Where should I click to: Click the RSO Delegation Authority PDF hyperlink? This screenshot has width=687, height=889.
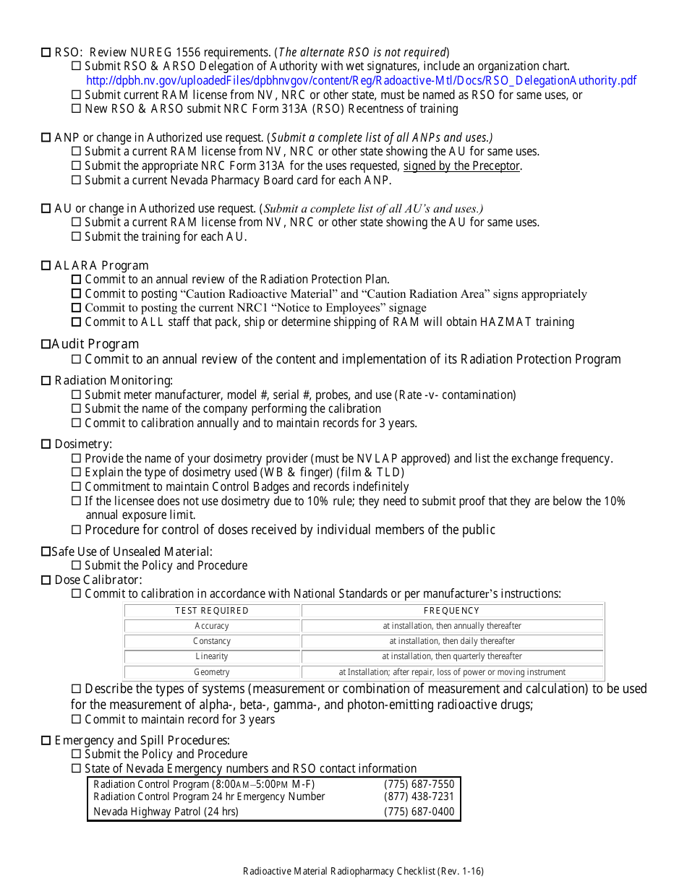362,81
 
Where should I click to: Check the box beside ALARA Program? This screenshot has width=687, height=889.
46,266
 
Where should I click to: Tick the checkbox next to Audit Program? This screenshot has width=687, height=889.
46,345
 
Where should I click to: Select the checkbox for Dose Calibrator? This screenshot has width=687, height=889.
46,580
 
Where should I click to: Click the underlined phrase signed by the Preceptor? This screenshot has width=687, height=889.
462,166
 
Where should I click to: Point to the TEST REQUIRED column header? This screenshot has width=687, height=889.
212,611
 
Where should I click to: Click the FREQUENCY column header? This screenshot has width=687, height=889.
452,611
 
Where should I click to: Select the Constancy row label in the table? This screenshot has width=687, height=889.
212,641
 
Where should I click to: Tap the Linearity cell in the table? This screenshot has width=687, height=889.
212,656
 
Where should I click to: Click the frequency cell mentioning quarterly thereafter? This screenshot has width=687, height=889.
452,656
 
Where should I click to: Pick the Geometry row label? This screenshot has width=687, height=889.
212,672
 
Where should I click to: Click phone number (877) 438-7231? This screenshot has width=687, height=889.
419,796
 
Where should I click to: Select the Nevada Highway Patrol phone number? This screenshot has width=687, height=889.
419,812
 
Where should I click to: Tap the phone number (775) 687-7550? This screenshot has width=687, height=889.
419,784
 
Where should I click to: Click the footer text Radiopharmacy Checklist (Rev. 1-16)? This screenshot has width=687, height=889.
363,872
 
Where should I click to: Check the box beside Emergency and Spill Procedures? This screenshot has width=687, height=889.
46,741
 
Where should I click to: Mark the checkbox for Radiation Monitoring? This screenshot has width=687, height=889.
46,381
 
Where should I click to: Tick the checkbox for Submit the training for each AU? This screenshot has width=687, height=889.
77,237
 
